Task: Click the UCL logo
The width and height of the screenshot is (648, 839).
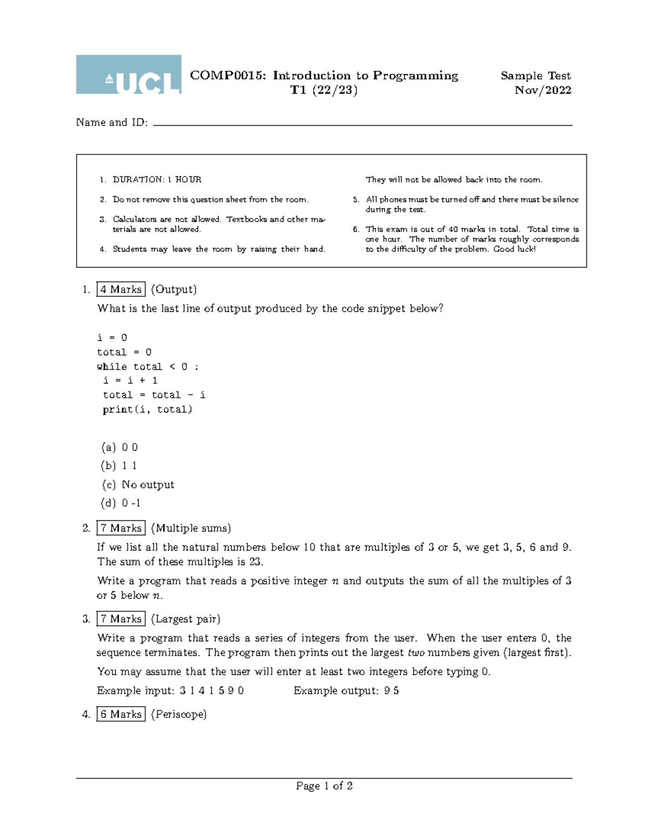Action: click(129, 75)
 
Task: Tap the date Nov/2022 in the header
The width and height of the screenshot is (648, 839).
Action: click(543, 90)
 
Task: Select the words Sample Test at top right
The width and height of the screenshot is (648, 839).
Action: click(535, 76)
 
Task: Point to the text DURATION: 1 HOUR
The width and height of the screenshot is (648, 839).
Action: click(157, 179)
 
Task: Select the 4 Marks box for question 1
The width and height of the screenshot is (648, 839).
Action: click(121, 290)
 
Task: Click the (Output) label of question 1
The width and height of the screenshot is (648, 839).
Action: click(173, 290)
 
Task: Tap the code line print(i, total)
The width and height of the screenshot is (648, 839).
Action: click(147, 410)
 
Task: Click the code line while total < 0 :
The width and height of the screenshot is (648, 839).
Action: click(147, 367)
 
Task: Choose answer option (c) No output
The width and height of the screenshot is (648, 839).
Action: click(138, 485)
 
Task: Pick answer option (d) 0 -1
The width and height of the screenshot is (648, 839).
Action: click(121, 503)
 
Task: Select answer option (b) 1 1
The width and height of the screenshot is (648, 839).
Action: click(119, 466)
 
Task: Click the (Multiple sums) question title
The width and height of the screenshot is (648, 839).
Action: click(191, 528)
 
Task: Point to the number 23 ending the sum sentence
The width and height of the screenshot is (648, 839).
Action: click(255, 562)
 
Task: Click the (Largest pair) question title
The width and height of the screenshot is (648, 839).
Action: click(185, 619)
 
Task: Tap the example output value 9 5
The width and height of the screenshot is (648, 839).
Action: click(391, 691)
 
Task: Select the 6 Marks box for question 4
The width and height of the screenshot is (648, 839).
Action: click(121, 714)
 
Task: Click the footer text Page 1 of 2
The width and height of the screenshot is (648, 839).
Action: click(324, 786)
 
